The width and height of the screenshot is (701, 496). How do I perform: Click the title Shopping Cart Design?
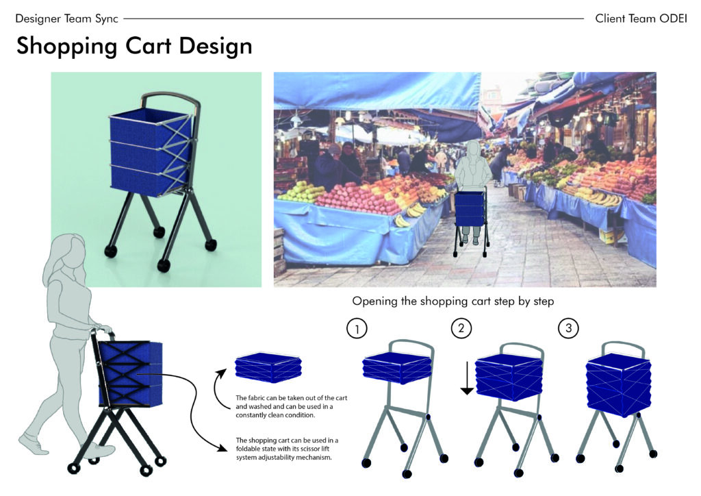(x=134, y=46)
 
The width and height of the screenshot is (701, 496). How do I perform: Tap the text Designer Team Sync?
(x=66, y=18)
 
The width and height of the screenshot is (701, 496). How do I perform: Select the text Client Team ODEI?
(x=641, y=18)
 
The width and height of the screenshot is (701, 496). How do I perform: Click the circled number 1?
(x=357, y=329)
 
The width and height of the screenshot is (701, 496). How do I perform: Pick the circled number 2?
(x=461, y=328)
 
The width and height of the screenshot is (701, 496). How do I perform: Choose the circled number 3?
(x=568, y=328)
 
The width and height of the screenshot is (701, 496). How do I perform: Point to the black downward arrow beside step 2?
(x=467, y=378)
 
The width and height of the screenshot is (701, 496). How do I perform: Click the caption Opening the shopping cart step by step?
(x=453, y=301)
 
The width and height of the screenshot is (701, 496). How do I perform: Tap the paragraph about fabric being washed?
(x=291, y=406)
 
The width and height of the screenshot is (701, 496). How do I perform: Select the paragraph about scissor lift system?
(x=287, y=449)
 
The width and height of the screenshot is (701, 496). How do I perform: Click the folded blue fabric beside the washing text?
(x=268, y=368)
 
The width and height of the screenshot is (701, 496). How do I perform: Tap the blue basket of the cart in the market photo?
(x=470, y=208)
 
